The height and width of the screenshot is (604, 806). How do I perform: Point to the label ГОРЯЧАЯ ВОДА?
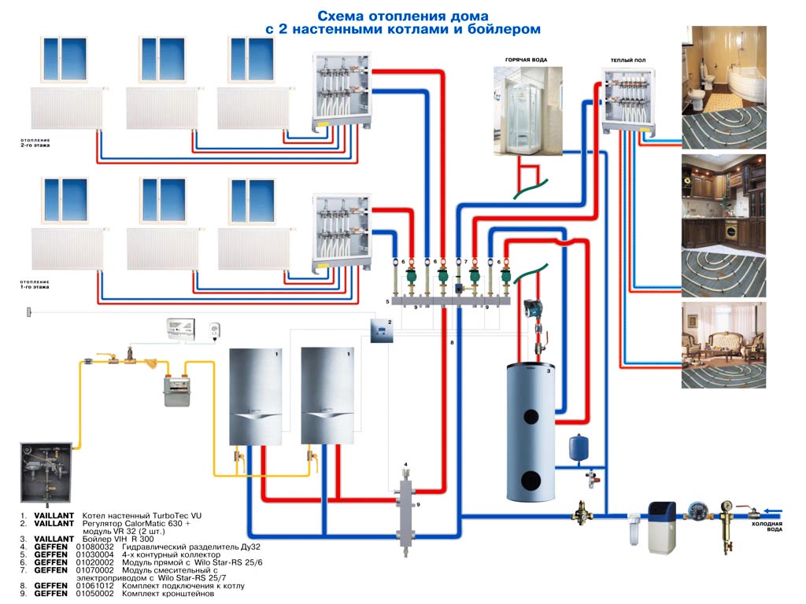click(x=527, y=61)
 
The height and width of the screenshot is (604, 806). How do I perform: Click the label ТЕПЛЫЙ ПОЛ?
click(x=628, y=61)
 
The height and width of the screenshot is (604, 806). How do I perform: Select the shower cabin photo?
click(x=528, y=110)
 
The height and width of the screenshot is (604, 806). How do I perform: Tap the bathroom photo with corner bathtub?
click(x=723, y=87)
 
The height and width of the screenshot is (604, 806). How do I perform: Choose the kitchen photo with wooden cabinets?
click(x=723, y=225)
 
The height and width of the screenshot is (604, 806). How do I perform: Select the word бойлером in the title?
click(x=506, y=29)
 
